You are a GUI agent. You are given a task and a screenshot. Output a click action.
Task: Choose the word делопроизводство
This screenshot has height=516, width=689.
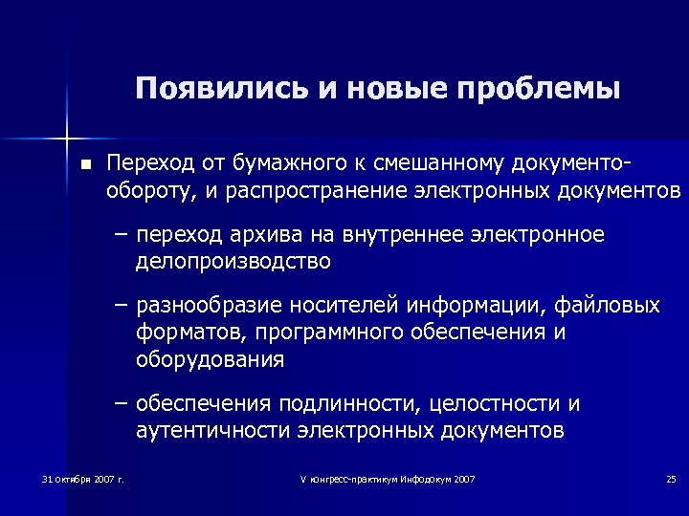point(233,260)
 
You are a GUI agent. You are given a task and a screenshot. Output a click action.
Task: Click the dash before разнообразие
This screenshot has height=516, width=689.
point(120,306)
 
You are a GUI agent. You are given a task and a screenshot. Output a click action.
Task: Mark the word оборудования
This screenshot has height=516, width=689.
point(210,359)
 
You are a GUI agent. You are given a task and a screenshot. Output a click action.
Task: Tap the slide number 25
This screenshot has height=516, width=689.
point(670,478)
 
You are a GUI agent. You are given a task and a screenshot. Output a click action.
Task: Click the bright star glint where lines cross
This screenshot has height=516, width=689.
point(67,130)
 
